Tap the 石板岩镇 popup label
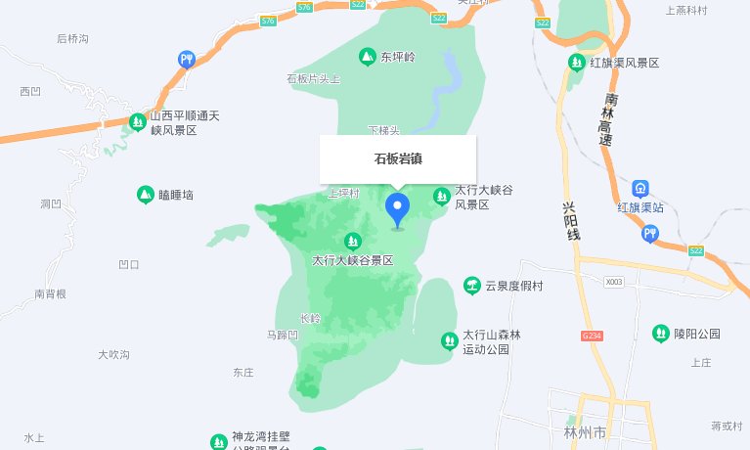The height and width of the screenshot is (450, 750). (x=397, y=158)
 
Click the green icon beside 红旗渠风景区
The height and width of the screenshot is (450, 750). (x=577, y=64)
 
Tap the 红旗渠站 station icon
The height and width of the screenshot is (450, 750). (x=640, y=188)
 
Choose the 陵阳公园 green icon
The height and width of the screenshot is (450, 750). (x=661, y=334)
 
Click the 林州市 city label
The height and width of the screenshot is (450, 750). (x=586, y=431)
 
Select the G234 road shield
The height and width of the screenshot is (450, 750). (x=592, y=336)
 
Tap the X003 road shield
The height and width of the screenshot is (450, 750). (x=613, y=282)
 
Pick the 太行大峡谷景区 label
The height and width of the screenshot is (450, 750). (x=352, y=261)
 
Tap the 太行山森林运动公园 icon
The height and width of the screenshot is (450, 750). (x=449, y=340)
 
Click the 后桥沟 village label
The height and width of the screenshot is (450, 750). (x=72, y=39)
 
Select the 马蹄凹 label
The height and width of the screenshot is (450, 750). (x=282, y=335)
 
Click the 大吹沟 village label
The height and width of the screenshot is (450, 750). (x=113, y=354)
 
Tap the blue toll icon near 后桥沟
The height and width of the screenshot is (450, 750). (x=186, y=60)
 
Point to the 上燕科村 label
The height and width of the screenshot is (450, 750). (x=685, y=11)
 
